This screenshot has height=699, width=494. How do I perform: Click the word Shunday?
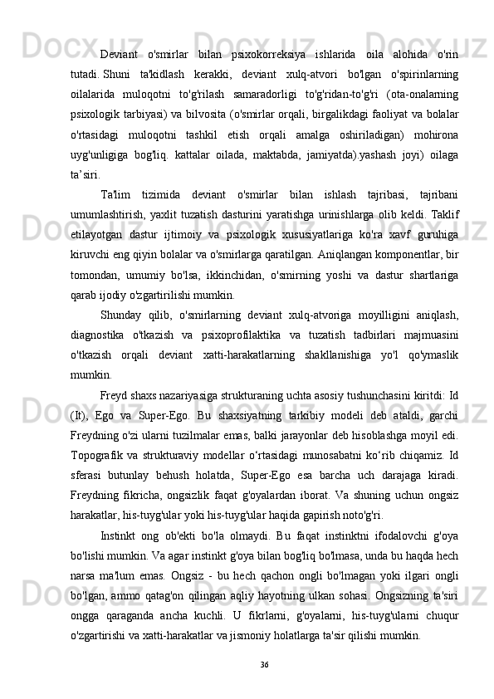[x=122, y=313]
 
